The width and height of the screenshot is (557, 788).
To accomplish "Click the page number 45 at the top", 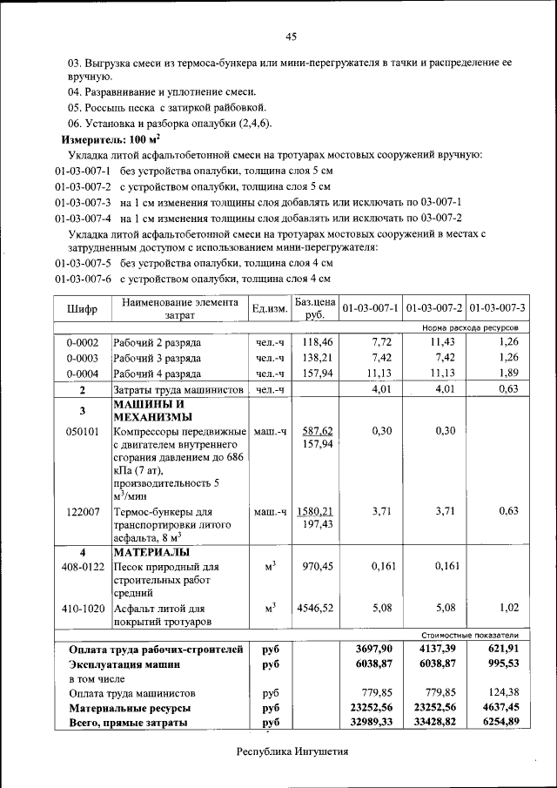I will pos(291,36).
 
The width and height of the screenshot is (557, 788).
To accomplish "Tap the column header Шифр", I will pos(83,308).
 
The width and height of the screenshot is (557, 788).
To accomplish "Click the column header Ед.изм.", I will pos(269,308).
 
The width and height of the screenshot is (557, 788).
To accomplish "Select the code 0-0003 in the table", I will pos(83,358).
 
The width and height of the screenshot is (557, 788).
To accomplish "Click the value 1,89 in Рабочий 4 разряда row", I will pos(508,374).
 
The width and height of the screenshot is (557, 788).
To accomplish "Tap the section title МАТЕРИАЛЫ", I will pos(152,552).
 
